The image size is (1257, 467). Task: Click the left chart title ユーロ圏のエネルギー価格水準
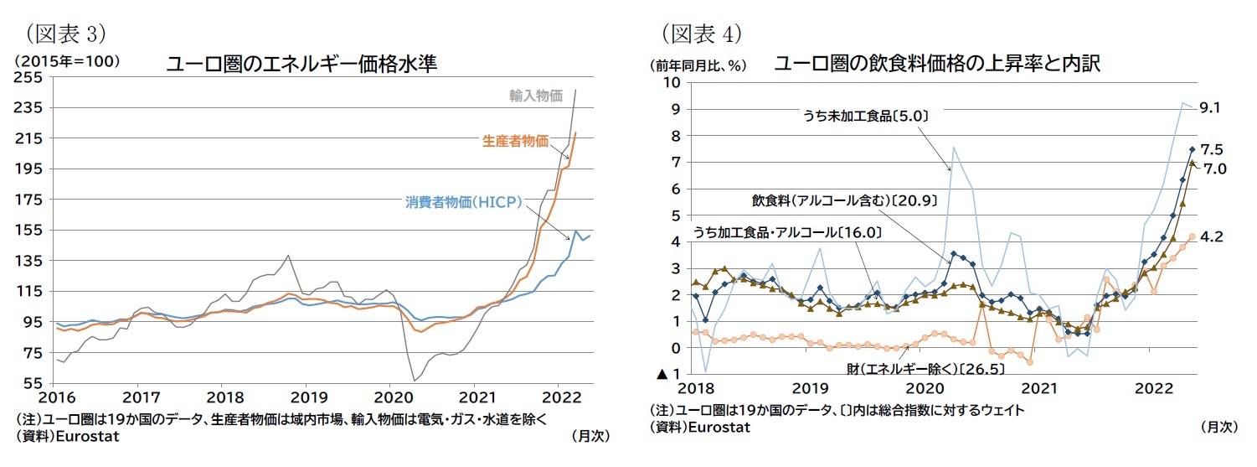301,65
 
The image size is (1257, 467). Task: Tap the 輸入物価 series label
536,96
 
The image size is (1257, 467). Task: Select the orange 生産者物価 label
515,142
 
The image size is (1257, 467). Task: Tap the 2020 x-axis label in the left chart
389,397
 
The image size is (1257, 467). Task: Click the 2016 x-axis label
56,397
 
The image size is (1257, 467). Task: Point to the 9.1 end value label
1213,108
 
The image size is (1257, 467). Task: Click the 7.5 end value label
1213,149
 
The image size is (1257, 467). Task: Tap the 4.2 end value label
1213,237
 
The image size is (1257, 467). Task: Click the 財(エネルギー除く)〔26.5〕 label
925,367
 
